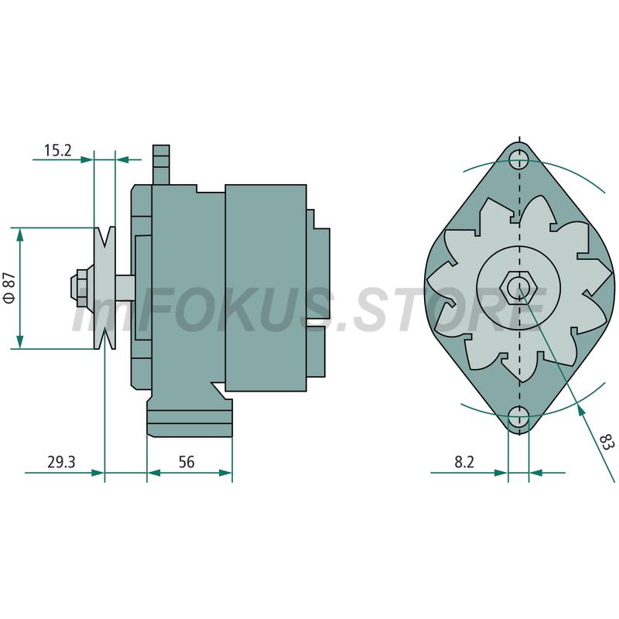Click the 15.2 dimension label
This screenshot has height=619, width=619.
point(57,150)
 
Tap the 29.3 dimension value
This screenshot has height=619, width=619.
point(61,462)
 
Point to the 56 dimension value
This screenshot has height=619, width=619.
point(186,462)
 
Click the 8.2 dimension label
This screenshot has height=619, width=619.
point(464,462)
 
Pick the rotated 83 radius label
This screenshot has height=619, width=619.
point(607,442)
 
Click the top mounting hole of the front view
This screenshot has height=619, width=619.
point(518,160)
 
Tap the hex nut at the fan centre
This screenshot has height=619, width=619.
point(518,287)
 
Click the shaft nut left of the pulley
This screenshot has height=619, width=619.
point(81,288)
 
